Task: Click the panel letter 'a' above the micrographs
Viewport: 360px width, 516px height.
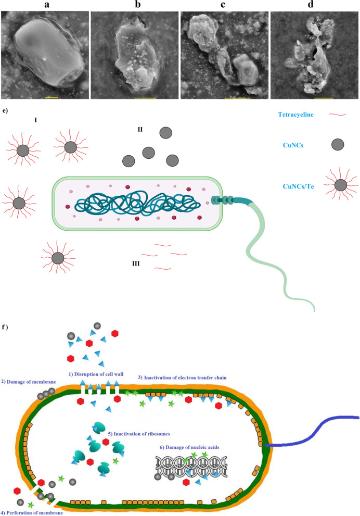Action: pos(45,5)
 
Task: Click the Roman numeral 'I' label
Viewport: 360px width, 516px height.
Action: pos(35,120)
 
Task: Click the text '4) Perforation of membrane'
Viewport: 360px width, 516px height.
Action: pos(32,512)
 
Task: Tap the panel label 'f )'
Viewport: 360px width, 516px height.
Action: pos(7,329)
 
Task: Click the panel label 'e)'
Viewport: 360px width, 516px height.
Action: pos(5,110)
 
